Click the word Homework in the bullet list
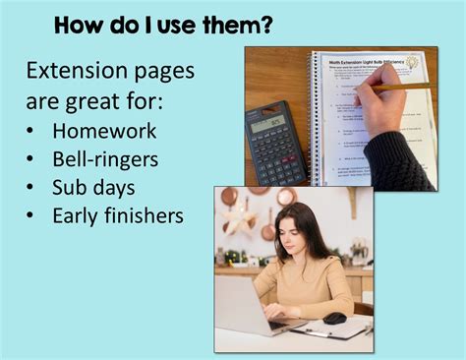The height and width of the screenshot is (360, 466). (x=104, y=131)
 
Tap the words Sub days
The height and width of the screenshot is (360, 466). (x=94, y=187)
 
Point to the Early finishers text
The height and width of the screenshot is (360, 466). (x=118, y=215)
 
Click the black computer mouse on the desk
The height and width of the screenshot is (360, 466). (x=334, y=318)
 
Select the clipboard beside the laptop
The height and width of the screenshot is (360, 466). (x=329, y=331)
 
